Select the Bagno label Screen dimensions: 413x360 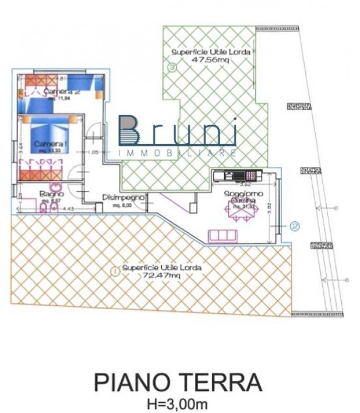pyautogui.click(x=52, y=194)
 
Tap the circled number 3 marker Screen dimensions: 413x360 pyautogui.click(x=172, y=68)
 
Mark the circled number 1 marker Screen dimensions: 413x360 pyautogui.click(x=114, y=272)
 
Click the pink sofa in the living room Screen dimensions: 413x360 pyautogui.click(x=223, y=236)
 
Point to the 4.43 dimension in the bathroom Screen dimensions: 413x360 pyautogui.click(x=68, y=208)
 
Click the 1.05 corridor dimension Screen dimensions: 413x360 pyautogui.click(x=93, y=151)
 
